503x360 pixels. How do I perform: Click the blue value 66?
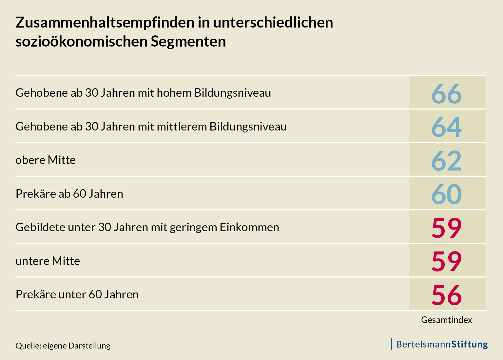point(446,94)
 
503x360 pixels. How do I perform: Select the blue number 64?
point(446,127)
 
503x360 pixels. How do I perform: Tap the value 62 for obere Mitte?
point(446,161)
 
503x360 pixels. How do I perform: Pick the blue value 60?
point(446,194)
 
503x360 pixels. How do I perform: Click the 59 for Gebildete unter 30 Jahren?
point(446,228)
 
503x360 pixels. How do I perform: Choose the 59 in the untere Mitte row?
point(446,262)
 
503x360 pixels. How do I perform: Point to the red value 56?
point(446,295)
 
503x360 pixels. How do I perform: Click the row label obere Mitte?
point(46,160)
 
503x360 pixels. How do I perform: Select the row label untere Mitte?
point(48,261)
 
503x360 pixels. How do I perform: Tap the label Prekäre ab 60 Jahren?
point(69,194)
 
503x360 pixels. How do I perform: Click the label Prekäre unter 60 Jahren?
point(77,294)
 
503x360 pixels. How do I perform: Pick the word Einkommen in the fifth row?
point(249,227)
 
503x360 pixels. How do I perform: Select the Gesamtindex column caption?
point(446,320)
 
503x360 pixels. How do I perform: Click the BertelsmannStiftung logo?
point(441,344)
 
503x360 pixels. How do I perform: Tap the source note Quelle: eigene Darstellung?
point(63,346)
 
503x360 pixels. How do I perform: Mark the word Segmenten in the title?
point(188,42)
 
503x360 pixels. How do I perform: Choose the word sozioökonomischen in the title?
point(81,42)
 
